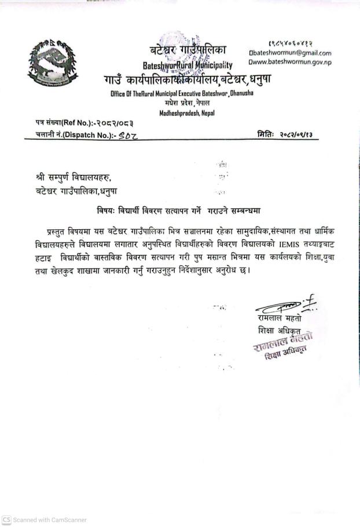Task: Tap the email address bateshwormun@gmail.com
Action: coord(292,53)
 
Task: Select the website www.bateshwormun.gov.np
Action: coord(292,62)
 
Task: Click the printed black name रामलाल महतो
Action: coord(280,319)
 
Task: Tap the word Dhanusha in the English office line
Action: coord(242,93)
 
